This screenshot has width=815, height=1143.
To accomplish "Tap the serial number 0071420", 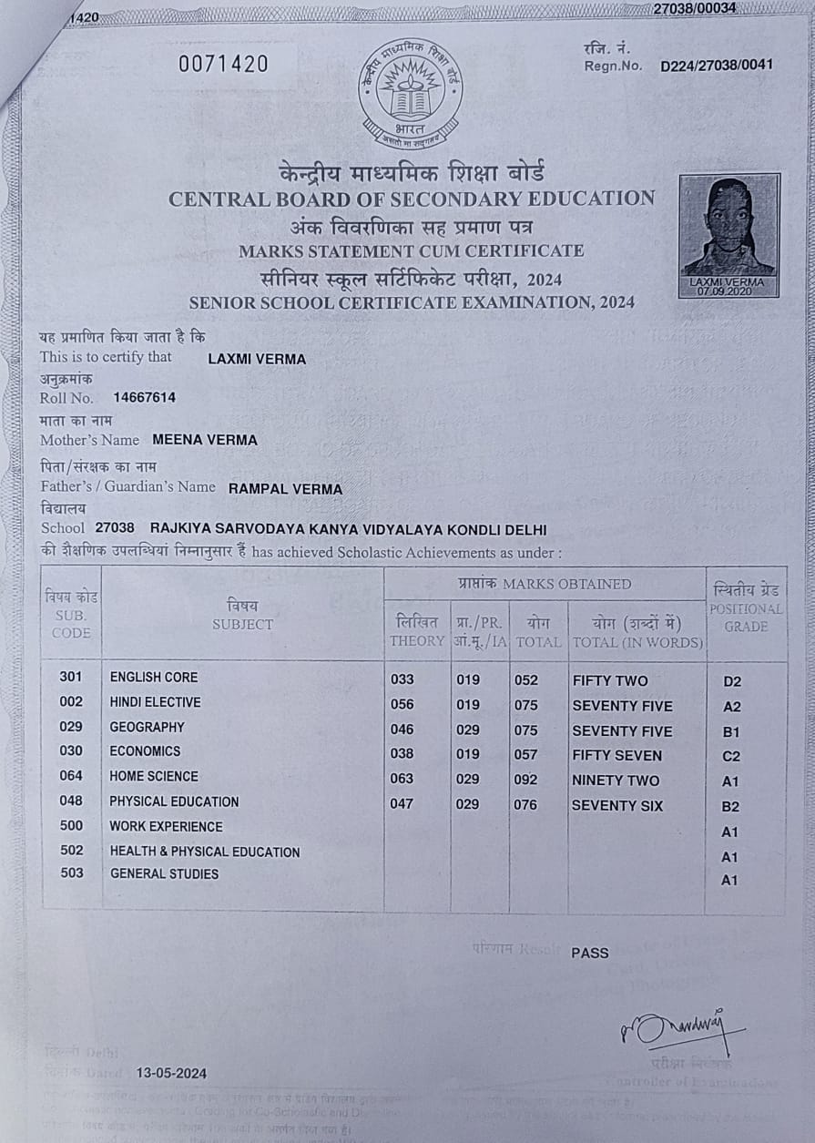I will (223, 64).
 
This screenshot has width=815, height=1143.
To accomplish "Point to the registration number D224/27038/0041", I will (717, 66).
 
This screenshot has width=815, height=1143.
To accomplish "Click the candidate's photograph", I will (729, 235).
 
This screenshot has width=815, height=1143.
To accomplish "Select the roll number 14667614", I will (144, 398).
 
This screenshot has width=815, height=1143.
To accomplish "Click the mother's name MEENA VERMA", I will (205, 440).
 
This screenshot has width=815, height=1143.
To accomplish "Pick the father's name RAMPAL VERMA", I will (285, 489).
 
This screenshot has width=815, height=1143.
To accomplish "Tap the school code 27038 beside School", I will (115, 528).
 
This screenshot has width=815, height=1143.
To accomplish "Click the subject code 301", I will (71, 677).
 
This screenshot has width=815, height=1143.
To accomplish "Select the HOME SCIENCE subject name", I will (154, 777).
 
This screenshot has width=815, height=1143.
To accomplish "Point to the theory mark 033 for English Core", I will (402, 679).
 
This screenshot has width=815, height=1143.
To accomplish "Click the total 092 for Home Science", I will (526, 780).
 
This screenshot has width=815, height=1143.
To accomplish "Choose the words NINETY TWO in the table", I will (616, 781).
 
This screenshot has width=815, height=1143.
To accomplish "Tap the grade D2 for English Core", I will (731, 681).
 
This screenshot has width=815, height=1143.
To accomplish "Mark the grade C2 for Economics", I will (731, 756).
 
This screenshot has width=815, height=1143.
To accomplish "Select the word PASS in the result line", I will (590, 953).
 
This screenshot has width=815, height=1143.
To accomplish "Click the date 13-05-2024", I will (171, 1073).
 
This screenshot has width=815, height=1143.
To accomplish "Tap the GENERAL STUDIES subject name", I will (164, 874).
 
